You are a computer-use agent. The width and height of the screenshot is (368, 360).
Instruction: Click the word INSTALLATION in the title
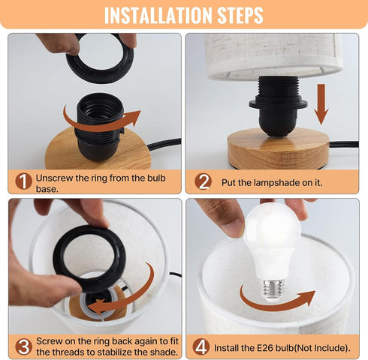158,16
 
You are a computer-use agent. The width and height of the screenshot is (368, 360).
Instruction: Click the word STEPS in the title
240,16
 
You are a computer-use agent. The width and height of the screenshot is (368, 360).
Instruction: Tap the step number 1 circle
23,181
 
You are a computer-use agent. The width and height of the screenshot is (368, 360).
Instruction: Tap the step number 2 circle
203,181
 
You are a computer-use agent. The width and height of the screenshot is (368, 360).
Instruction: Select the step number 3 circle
23,346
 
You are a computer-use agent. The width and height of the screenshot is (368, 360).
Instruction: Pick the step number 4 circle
201,346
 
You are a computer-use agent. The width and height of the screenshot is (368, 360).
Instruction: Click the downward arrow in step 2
321,104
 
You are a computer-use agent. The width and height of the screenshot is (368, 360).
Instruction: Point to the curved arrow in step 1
100,125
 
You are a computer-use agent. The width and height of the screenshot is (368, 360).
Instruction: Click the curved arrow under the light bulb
276,304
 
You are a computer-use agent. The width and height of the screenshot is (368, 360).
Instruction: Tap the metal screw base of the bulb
271,289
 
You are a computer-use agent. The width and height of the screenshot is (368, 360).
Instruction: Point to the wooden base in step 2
279,148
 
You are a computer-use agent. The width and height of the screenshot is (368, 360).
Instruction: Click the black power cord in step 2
344,144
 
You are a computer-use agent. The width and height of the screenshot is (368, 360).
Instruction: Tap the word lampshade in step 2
276,183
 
